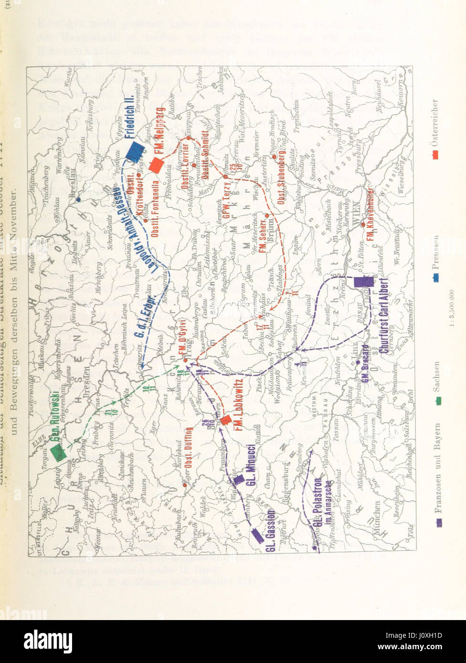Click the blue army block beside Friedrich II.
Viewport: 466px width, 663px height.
(x=136, y=152)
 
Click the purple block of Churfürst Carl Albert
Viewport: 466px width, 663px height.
(x=363, y=282)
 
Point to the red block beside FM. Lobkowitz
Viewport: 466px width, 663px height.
(x=226, y=420)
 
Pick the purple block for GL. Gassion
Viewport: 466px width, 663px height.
(x=258, y=536)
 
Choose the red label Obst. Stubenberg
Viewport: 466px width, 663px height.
(x=282, y=177)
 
